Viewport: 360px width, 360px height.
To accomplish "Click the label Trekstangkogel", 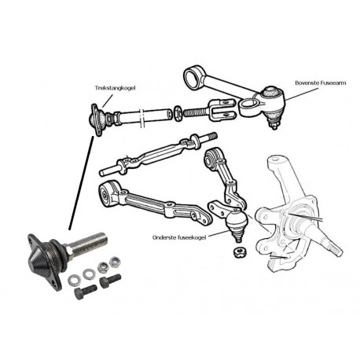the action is tap(115, 88).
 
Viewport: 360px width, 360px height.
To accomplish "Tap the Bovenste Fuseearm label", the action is tap(320, 83).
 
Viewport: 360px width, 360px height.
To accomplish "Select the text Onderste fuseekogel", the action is tap(179, 237).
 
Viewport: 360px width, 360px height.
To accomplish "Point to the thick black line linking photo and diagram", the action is tap(81, 183).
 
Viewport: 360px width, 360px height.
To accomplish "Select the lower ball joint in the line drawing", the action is tap(237, 222).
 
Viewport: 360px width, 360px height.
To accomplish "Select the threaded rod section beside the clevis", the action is tap(197, 113).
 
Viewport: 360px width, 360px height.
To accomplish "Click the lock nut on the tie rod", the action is tap(177, 112).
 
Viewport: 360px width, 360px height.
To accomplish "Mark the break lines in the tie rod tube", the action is tap(141, 119).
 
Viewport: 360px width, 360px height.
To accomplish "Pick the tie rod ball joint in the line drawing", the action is tap(97, 119).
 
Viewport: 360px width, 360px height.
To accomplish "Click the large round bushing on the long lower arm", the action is tap(106, 194).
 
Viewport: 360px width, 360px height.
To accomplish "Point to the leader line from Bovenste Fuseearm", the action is tap(303, 94).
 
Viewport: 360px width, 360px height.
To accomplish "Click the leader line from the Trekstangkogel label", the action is tap(108, 101).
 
